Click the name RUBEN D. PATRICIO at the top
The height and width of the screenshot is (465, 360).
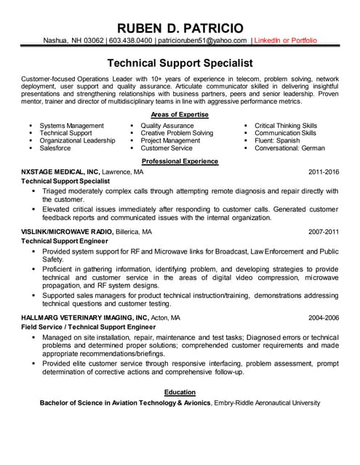tap(180, 27)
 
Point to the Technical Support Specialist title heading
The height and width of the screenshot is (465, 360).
tap(180, 63)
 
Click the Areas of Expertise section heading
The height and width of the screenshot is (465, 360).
tap(180, 115)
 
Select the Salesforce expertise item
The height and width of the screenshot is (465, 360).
tap(55, 148)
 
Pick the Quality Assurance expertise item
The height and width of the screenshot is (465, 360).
tap(167, 126)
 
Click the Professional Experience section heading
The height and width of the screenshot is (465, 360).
tap(180, 161)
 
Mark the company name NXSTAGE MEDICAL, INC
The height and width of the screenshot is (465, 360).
tap(59, 172)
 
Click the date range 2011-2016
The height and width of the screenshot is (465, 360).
tap(324, 172)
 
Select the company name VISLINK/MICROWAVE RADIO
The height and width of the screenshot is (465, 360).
tap(67, 232)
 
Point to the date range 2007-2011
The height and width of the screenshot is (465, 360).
tap(324, 232)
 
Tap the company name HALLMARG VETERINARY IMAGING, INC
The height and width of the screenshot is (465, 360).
tap(84, 318)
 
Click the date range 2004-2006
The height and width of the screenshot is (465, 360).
tap(324, 318)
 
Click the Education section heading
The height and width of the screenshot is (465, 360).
tap(180, 392)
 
